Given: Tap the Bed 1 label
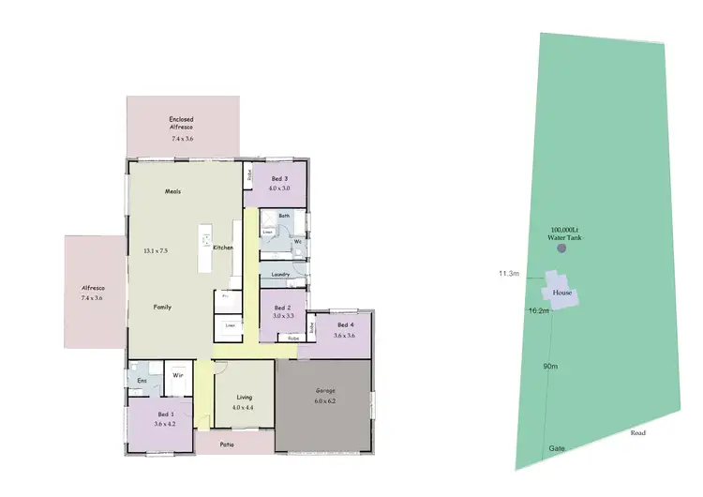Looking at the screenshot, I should tap(164, 414).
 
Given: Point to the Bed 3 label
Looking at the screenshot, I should tap(279, 178).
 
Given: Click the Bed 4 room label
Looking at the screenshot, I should tap(345, 325).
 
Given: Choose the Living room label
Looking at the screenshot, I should tap(244, 397).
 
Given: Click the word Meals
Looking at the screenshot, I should tap(172, 191).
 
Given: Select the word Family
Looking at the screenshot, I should tap(162, 307).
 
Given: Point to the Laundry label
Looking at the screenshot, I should tap(280, 274).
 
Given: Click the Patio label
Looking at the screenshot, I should tap(227, 444).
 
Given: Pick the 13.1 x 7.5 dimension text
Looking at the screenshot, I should tap(156, 251).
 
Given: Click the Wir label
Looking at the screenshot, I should tap(177, 377).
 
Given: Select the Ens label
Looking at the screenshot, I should tap(142, 381).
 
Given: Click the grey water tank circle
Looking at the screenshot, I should tap(562, 248).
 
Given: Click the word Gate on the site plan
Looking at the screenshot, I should tap(556, 449).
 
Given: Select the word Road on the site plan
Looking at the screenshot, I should tap(637, 433).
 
